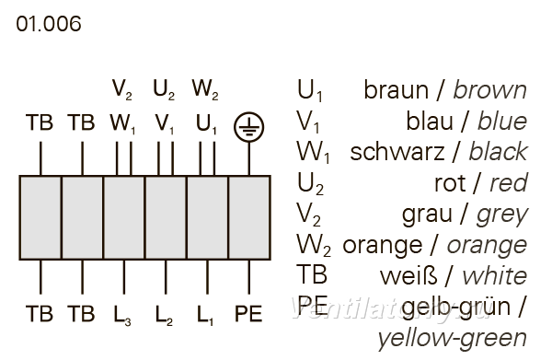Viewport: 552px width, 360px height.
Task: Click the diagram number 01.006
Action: (x=49, y=24)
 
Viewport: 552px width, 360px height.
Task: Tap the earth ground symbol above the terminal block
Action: (x=249, y=127)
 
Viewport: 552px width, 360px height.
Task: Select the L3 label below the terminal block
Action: (x=122, y=315)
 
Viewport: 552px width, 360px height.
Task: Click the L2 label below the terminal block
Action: (x=164, y=315)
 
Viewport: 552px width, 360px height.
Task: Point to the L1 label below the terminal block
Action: (x=205, y=315)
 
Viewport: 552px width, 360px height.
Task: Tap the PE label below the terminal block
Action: (x=248, y=313)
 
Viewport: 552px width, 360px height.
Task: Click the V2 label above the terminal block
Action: (x=122, y=89)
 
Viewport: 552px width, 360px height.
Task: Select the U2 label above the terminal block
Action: (x=164, y=89)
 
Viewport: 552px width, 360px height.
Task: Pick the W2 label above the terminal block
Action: (x=205, y=89)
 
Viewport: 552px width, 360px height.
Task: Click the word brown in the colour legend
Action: (x=489, y=90)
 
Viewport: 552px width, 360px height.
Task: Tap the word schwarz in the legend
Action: (x=397, y=152)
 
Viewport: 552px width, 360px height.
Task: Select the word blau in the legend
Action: (x=430, y=122)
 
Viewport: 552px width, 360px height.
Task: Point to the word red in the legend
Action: (x=509, y=183)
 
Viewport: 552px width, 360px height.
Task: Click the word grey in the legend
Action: (x=502, y=215)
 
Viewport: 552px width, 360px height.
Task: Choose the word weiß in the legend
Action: (x=408, y=276)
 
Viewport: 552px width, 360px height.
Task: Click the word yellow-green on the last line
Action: (x=452, y=339)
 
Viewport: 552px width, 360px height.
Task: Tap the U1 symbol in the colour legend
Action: (x=310, y=91)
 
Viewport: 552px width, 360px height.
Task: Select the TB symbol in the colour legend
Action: (x=312, y=274)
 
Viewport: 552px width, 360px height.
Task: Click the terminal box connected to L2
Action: (x=166, y=217)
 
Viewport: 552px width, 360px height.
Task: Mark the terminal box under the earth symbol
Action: (x=249, y=217)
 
